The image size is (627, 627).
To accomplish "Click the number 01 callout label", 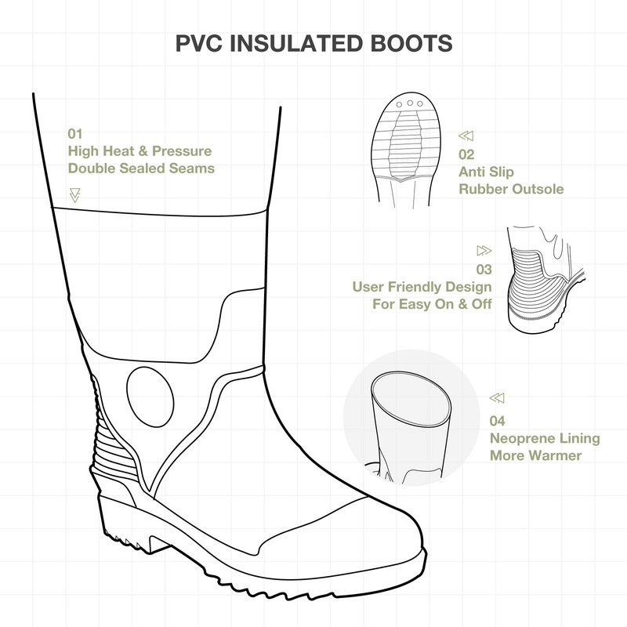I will click(75, 133).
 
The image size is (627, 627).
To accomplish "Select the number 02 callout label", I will click(467, 154).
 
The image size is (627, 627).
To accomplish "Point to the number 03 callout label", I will click(484, 269).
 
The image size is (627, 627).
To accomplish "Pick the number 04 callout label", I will click(498, 420).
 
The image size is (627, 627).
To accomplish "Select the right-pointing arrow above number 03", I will click(484, 251).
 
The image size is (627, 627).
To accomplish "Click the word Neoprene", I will click(520, 437).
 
